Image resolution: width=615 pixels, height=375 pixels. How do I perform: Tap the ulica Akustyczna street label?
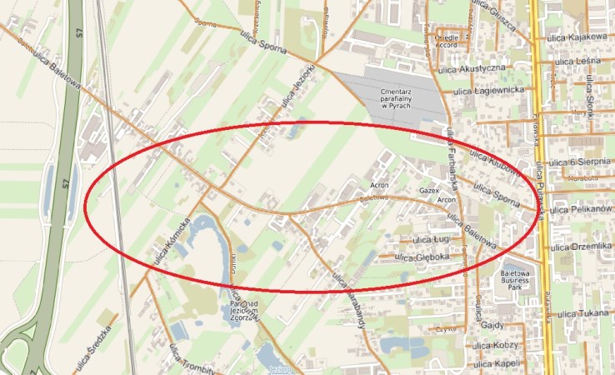476,67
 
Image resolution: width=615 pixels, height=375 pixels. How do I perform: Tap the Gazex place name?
428,191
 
